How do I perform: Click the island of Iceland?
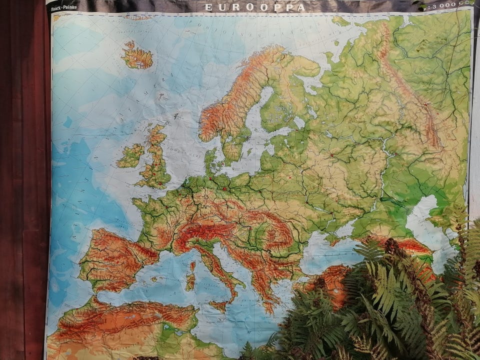(x=137, y=56)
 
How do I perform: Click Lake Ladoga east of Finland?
(x=299, y=121)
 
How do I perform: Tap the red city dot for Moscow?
(x=331, y=155)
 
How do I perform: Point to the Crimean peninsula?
(x=334, y=239)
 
